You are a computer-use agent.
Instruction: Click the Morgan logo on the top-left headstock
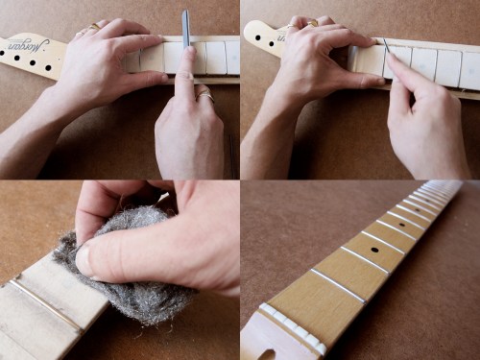28,43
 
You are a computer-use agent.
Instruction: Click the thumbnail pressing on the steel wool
84,259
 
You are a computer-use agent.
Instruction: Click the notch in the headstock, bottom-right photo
265,353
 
